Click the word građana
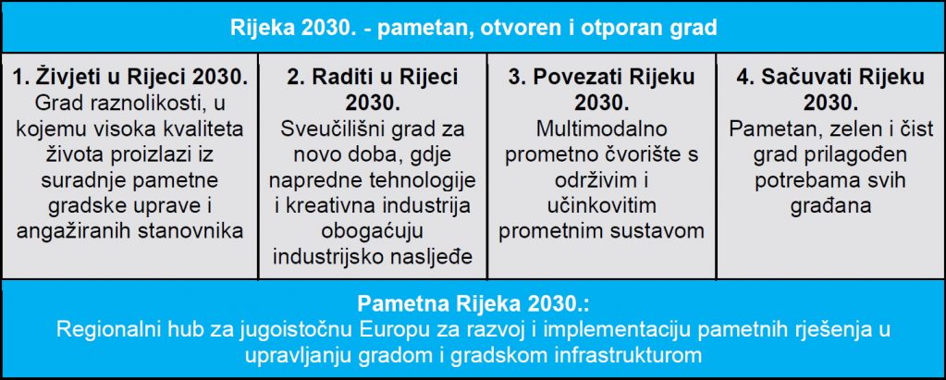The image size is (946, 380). point(830,205)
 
